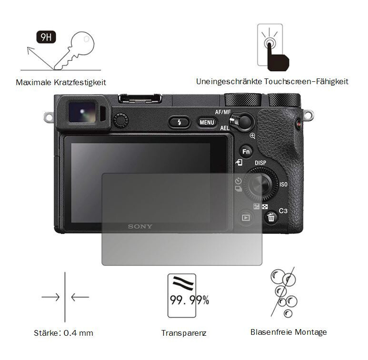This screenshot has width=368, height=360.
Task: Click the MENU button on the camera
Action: pos(207,122)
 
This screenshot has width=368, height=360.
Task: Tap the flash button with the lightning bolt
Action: pos(179,122)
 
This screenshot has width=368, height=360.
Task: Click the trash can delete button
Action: pos(271,217)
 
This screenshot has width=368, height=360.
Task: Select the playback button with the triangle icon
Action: pos(246,218)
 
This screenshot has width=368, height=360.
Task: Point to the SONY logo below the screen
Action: pos(140,226)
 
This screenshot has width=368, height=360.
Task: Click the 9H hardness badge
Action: pos(46,37)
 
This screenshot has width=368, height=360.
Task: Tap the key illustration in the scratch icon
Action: pos(74,50)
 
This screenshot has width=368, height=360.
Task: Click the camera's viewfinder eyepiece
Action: pos(82,112)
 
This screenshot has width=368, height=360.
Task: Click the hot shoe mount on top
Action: pos(140,98)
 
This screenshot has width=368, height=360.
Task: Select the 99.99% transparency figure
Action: pos(189,300)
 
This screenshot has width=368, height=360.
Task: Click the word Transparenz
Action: pos(184,333)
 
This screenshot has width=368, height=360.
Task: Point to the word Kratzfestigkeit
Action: pos(80,82)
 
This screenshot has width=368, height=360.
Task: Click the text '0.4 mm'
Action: pos(79,333)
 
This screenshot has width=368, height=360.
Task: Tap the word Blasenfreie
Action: pos(271,332)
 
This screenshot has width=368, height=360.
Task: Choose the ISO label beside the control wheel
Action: pos(284,185)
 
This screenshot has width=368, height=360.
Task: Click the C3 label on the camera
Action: pos(283,211)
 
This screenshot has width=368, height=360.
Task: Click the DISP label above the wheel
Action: pos(260,163)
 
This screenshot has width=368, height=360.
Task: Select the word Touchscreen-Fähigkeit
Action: pos(306,82)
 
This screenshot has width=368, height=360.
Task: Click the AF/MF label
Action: pos(223,112)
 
